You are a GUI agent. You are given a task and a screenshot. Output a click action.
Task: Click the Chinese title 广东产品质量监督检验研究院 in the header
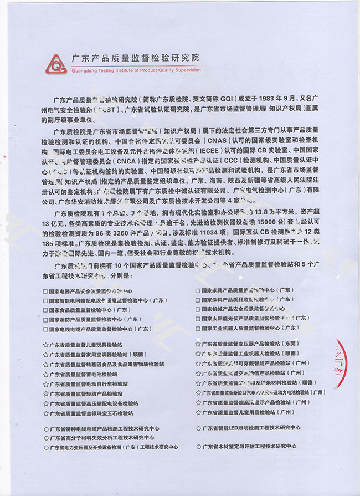coord(135,58)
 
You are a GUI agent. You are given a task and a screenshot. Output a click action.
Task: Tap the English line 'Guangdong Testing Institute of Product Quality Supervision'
coord(136,70)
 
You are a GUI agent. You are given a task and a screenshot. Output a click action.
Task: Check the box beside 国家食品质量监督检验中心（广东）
coord(45,310)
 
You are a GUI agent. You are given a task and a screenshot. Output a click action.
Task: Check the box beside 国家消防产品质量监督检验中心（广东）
coord(45,319)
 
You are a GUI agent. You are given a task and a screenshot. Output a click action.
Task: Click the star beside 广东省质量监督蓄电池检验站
coord(45,374)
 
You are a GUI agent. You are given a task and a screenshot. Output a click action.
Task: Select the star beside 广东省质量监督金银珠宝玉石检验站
coord(45,413)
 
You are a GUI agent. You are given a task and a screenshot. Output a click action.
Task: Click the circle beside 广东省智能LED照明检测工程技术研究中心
coord(198,428)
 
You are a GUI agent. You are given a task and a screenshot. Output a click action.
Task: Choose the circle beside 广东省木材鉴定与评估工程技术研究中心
coord(198,446)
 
